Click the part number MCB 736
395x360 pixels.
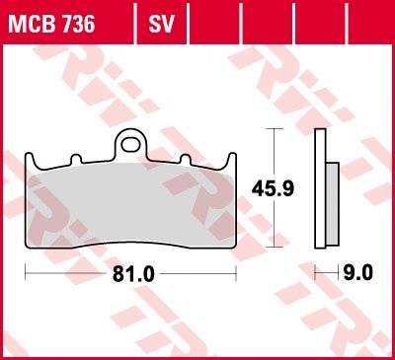pyautogui.click(x=51, y=24)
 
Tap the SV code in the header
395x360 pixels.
pyautogui.click(x=161, y=24)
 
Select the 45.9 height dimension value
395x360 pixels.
pyautogui.click(x=273, y=189)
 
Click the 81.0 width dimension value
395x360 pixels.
pyautogui.click(x=133, y=273)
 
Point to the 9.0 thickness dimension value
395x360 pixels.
pyautogui.click(x=357, y=273)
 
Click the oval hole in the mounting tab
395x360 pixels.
pyautogui.click(x=130, y=145)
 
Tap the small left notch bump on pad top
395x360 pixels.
pyautogui.click(x=76, y=159)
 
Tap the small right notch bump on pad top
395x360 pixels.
pyautogui.click(x=186, y=159)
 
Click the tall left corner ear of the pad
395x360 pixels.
pyautogui.click(x=30, y=160)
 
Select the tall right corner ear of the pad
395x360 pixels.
pyautogui.click(x=232, y=160)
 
